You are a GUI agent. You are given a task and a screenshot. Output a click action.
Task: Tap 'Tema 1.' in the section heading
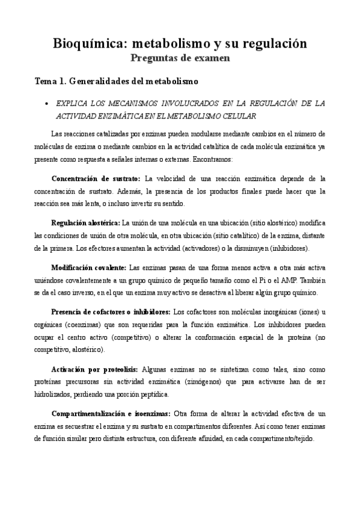[x=51, y=80]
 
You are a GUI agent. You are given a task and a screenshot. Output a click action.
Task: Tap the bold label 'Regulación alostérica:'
[x=86, y=222]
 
